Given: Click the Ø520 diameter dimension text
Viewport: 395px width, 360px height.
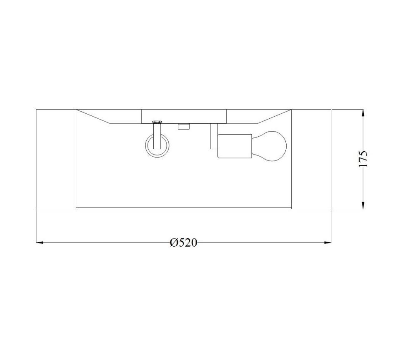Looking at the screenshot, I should point(183,242).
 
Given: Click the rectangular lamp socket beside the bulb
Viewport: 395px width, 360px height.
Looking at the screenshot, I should point(235,146).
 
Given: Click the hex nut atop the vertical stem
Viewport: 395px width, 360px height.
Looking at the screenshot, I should point(157,122).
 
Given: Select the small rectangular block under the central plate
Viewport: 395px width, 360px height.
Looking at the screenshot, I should point(183,126).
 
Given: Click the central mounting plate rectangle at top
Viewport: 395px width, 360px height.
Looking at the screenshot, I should point(184,116).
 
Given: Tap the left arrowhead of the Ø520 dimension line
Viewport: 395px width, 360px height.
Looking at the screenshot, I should point(40,242).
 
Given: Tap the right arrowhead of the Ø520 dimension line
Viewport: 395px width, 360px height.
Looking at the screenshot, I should point(327,242).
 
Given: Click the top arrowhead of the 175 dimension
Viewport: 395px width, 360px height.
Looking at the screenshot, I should point(363,113).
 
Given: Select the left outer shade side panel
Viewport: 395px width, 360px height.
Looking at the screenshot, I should point(56,159).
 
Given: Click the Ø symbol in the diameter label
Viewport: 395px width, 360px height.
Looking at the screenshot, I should point(174,242).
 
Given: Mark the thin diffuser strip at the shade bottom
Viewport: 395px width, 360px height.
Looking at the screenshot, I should point(183,207).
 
